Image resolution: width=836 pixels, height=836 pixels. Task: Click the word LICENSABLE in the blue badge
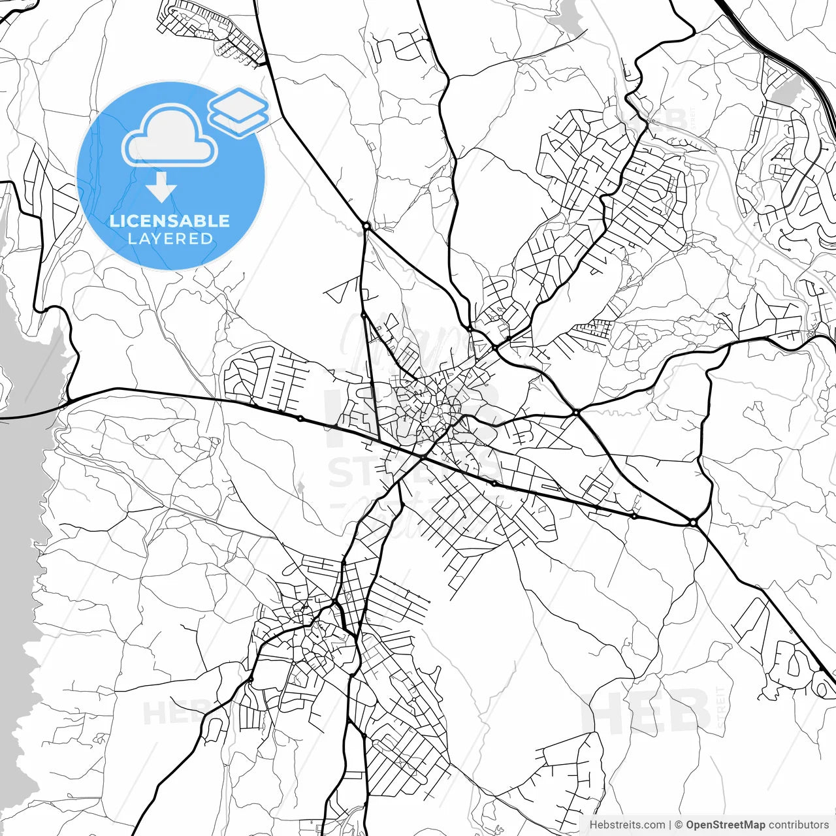(x=170, y=221)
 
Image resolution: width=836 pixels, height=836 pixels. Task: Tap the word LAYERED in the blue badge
(x=170, y=239)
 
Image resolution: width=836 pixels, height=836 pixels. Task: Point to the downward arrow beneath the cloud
(x=161, y=189)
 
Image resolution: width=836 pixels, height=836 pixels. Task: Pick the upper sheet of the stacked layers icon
(x=238, y=103)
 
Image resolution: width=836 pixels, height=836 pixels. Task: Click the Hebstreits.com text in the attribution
(x=627, y=825)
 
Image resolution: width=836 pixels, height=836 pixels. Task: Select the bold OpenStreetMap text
(x=726, y=825)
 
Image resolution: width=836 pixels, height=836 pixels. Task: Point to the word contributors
(x=798, y=825)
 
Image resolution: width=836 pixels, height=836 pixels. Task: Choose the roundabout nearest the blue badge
(x=366, y=226)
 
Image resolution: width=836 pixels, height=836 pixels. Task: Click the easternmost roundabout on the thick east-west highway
(x=693, y=522)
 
